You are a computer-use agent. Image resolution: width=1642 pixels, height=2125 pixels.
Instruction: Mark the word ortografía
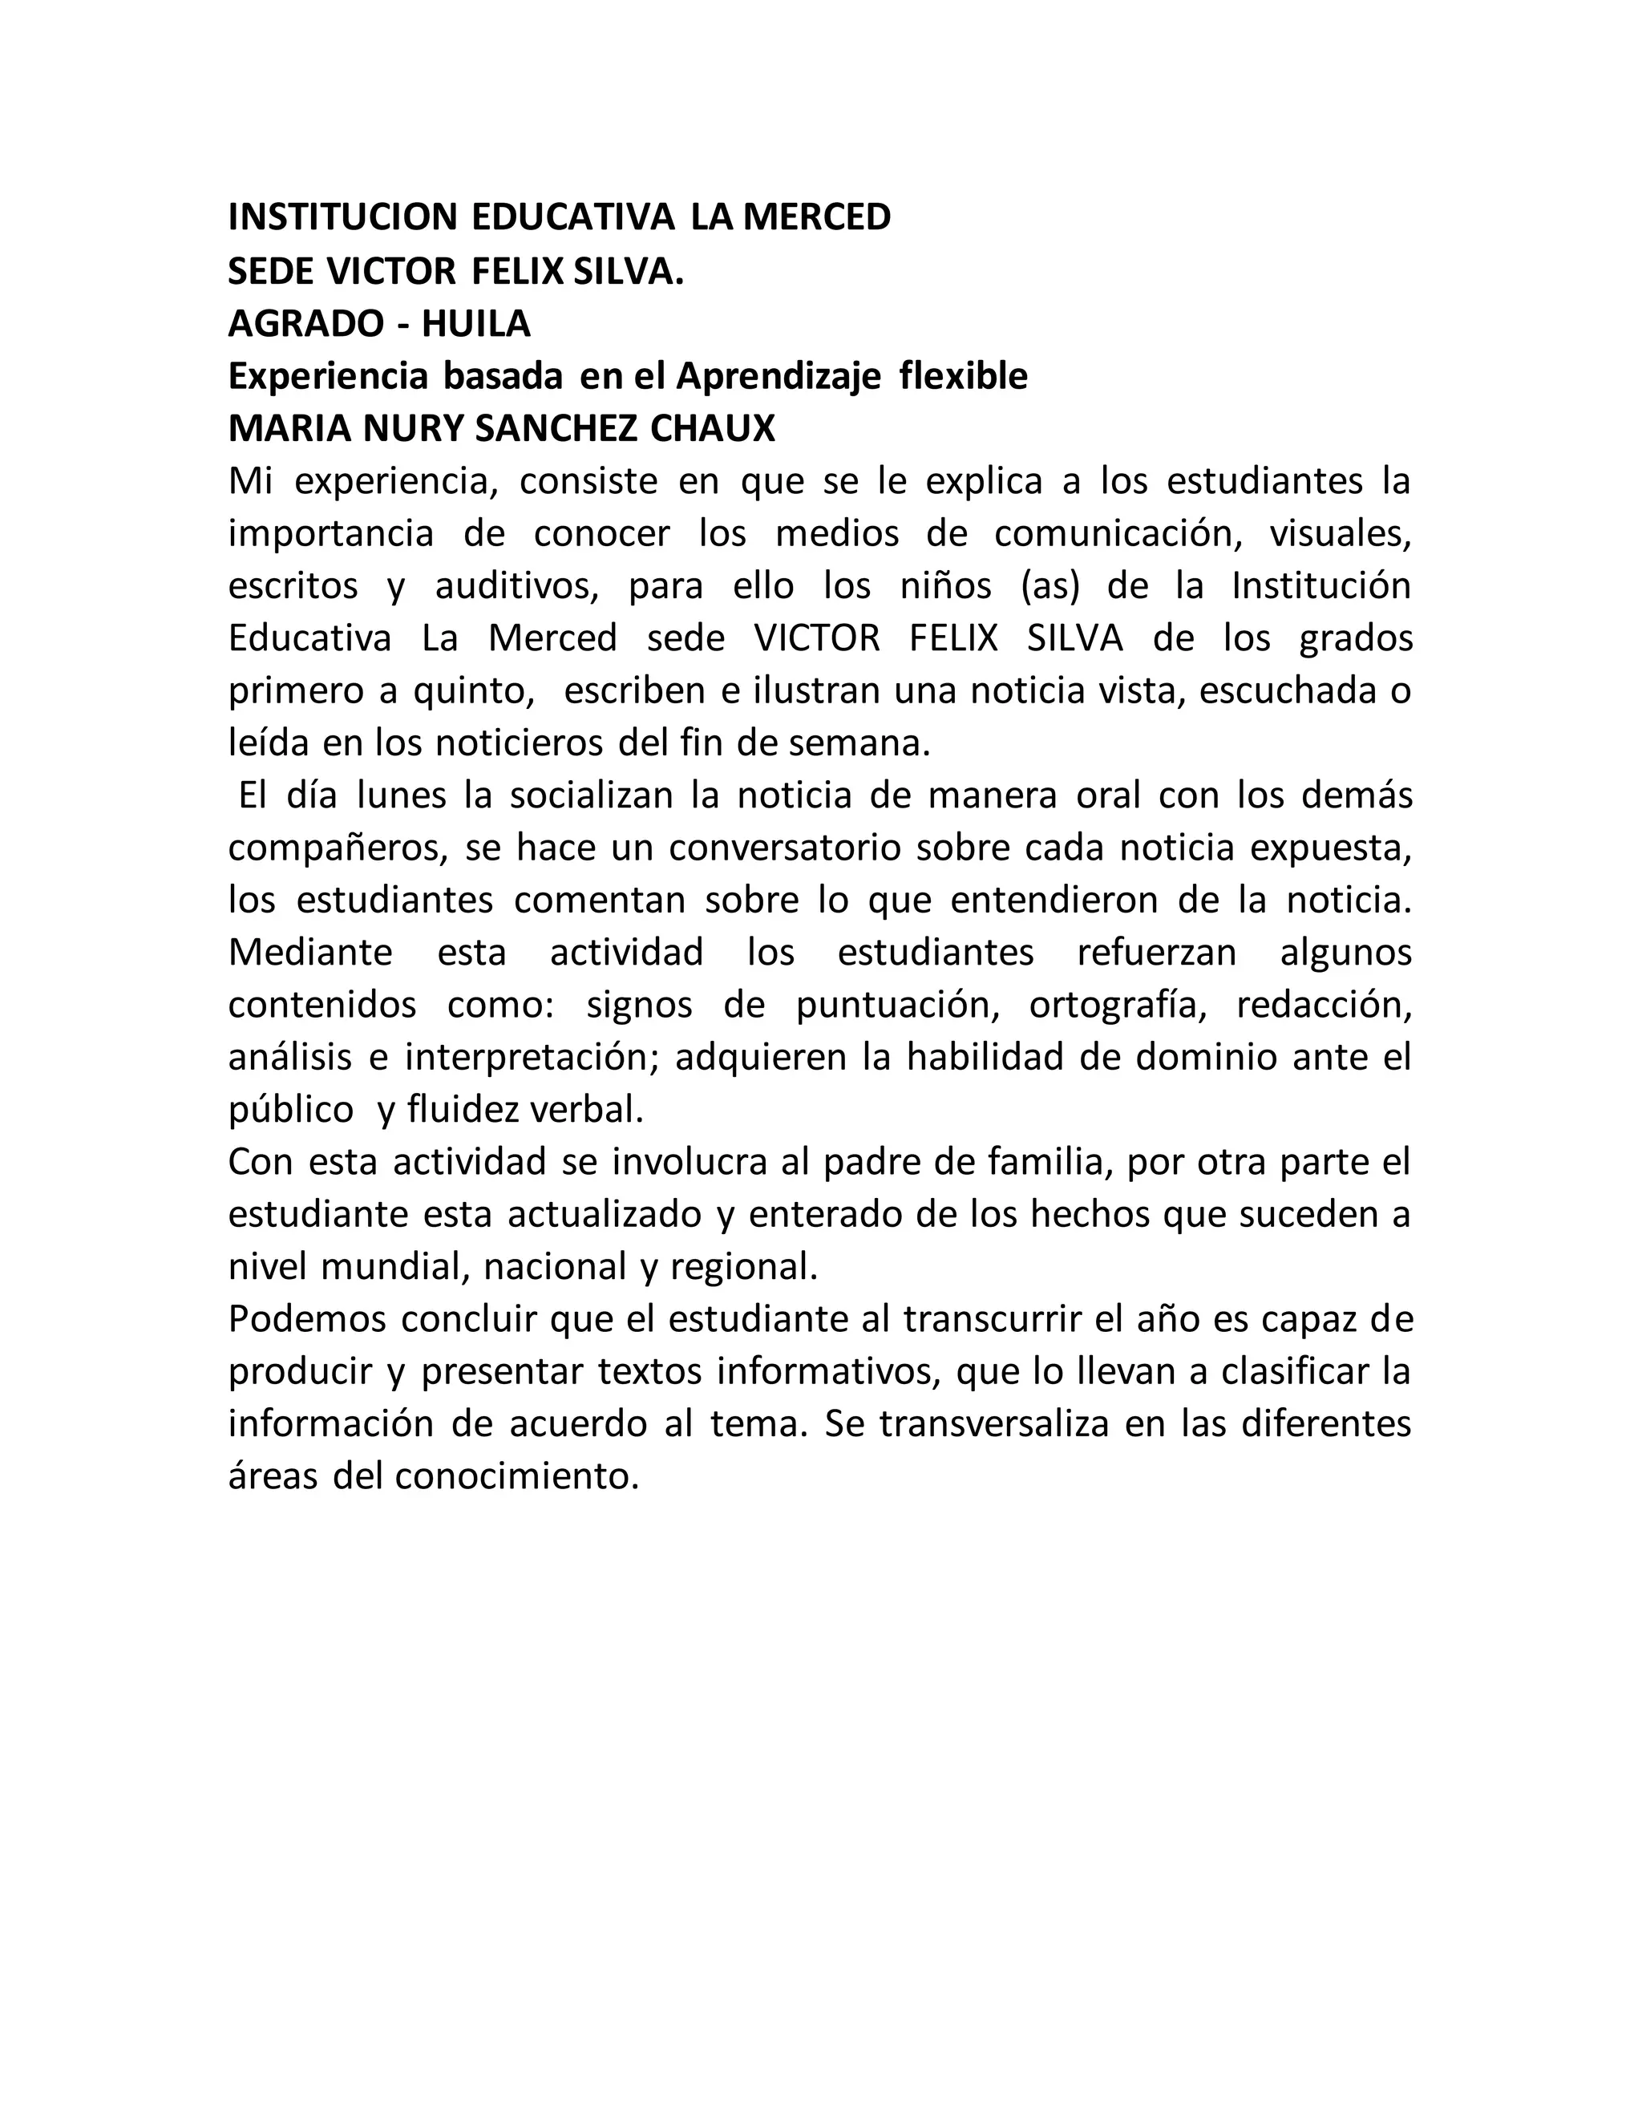pyautogui.click(x=1118, y=1005)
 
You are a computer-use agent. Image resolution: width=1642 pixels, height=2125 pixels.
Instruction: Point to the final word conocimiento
pyautogui.click(x=516, y=1477)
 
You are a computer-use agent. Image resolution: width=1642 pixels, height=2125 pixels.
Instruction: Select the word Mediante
pyautogui.click(x=310, y=953)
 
